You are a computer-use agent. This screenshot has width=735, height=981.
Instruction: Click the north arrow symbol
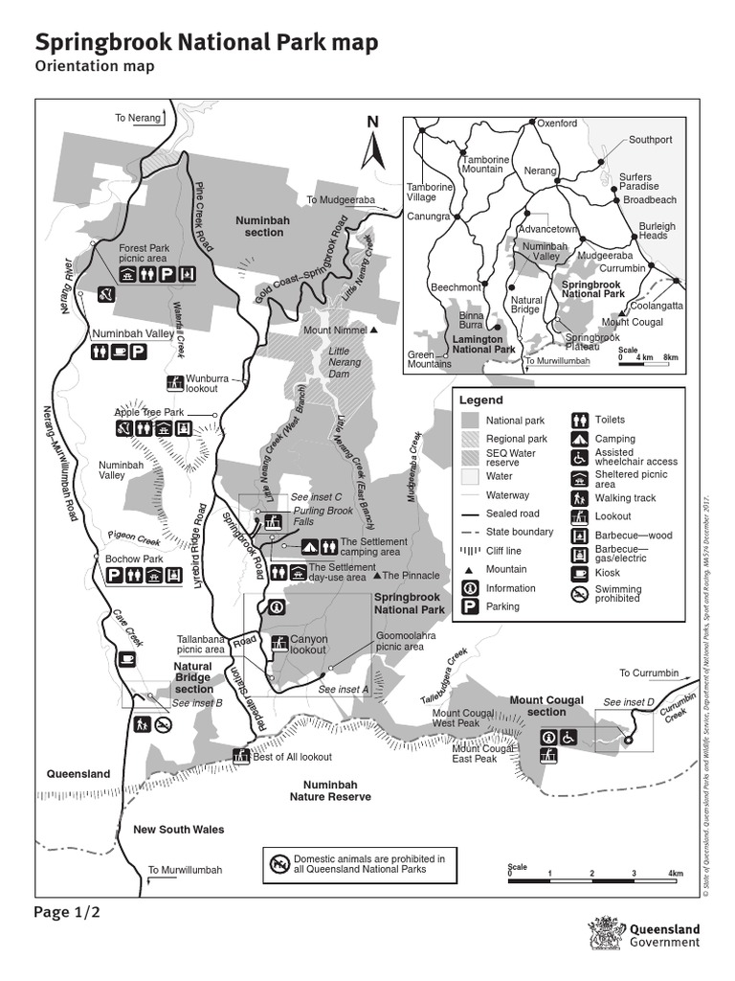pyautogui.click(x=373, y=144)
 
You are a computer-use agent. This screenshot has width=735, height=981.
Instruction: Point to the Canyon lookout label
pyautogui.click(x=308, y=645)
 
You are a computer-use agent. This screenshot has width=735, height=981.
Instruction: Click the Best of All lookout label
pyautogui.click(x=292, y=757)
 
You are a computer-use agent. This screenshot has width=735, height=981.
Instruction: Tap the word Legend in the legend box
pyautogui.click(x=480, y=399)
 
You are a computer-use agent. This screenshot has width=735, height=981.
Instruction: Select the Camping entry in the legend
pyautogui.click(x=614, y=439)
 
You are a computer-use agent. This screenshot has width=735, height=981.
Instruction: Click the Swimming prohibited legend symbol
pyautogui.click(x=580, y=595)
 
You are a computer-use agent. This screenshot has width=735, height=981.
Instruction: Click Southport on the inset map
pyautogui.click(x=650, y=140)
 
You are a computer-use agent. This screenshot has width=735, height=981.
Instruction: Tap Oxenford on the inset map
pyautogui.click(x=556, y=124)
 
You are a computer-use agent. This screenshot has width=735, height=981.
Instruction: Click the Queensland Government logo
pyautogui.click(x=647, y=935)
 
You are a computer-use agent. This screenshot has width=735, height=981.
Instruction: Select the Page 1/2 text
pyautogui.click(x=67, y=912)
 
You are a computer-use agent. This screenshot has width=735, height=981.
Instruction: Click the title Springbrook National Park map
pyautogui.click(x=206, y=43)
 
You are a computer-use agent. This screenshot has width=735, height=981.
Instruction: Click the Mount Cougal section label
pyautogui.click(x=546, y=706)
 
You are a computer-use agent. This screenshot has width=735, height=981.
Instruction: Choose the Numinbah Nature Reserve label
pyautogui.click(x=330, y=790)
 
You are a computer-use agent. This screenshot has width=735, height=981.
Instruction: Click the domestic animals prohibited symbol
pyautogui.click(x=279, y=864)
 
